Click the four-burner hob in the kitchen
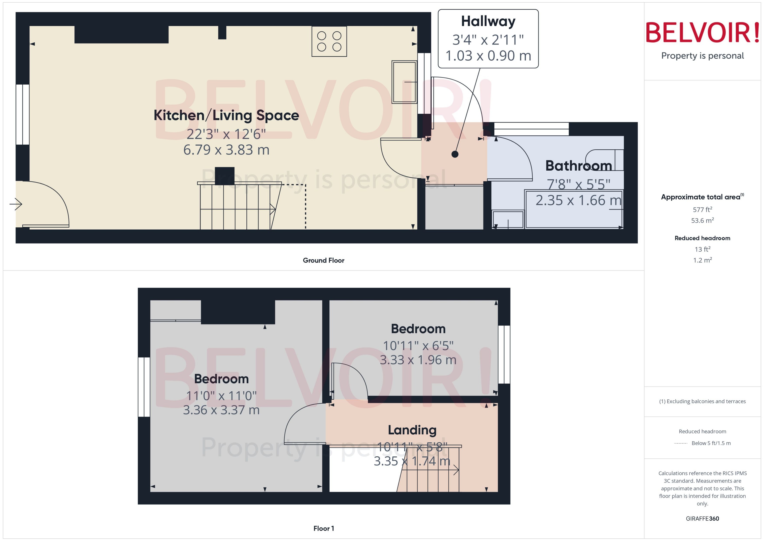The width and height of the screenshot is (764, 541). coord(329,41)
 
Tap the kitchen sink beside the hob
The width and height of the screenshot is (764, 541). coord(404,82)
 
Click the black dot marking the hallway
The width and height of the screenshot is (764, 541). coord(455,154)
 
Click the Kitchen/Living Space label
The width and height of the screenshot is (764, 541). coord(226,115)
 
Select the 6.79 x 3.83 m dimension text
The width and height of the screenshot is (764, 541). coord(226,150)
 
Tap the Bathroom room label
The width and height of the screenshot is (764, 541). coord(578,166)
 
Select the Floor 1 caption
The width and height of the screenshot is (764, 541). coord(323,528)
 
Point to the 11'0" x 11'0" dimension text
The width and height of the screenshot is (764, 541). coord(221,396)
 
